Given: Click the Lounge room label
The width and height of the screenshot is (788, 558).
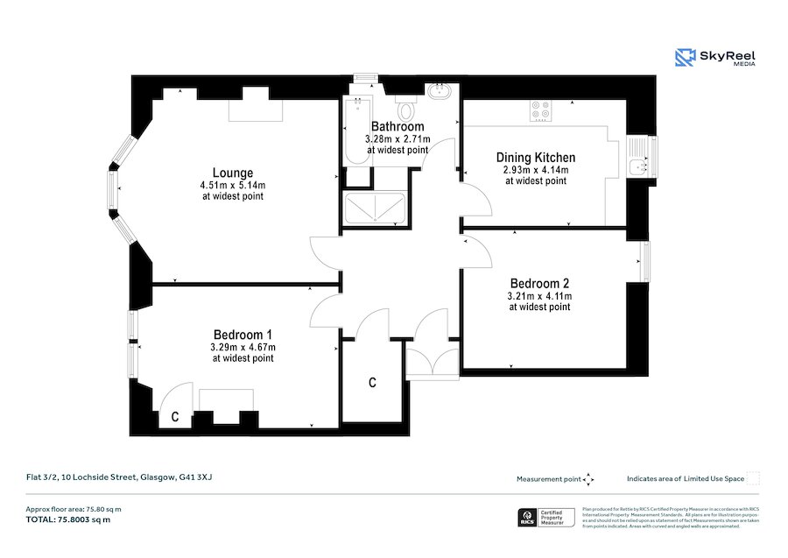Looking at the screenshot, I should pyautogui.click(x=232, y=173).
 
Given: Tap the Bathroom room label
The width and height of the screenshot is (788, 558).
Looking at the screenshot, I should pyautogui.click(x=397, y=127).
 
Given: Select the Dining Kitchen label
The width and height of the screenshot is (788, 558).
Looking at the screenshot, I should pyautogui.click(x=535, y=158).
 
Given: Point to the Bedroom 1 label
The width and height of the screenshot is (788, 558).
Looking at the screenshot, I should pyautogui.click(x=243, y=335).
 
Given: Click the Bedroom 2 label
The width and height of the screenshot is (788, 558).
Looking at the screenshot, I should pyautogui.click(x=539, y=284).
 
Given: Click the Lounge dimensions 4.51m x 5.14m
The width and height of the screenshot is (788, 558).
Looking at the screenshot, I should pyautogui.click(x=232, y=185).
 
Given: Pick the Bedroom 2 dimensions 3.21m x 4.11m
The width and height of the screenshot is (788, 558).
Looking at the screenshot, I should pyautogui.click(x=539, y=297).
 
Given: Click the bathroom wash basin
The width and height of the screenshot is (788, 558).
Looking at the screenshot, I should pyautogui.click(x=437, y=90).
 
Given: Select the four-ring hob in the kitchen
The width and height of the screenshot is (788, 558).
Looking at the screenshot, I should pyautogui.click(x=540, y=110).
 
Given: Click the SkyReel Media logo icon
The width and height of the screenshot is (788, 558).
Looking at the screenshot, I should pyautogui.click(x=684, y=58).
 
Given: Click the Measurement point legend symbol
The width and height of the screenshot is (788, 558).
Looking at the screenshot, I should pyautogui.click(x=588, y=478).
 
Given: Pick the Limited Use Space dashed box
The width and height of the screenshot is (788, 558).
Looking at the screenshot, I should pyautogui.click(x=752, y=478).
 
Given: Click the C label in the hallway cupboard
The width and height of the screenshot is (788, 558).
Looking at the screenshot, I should pyautogui.click(x=372, y=383).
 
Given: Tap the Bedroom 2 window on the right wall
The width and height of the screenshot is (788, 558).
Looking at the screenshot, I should pyautogui.click(x=646, y=262).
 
